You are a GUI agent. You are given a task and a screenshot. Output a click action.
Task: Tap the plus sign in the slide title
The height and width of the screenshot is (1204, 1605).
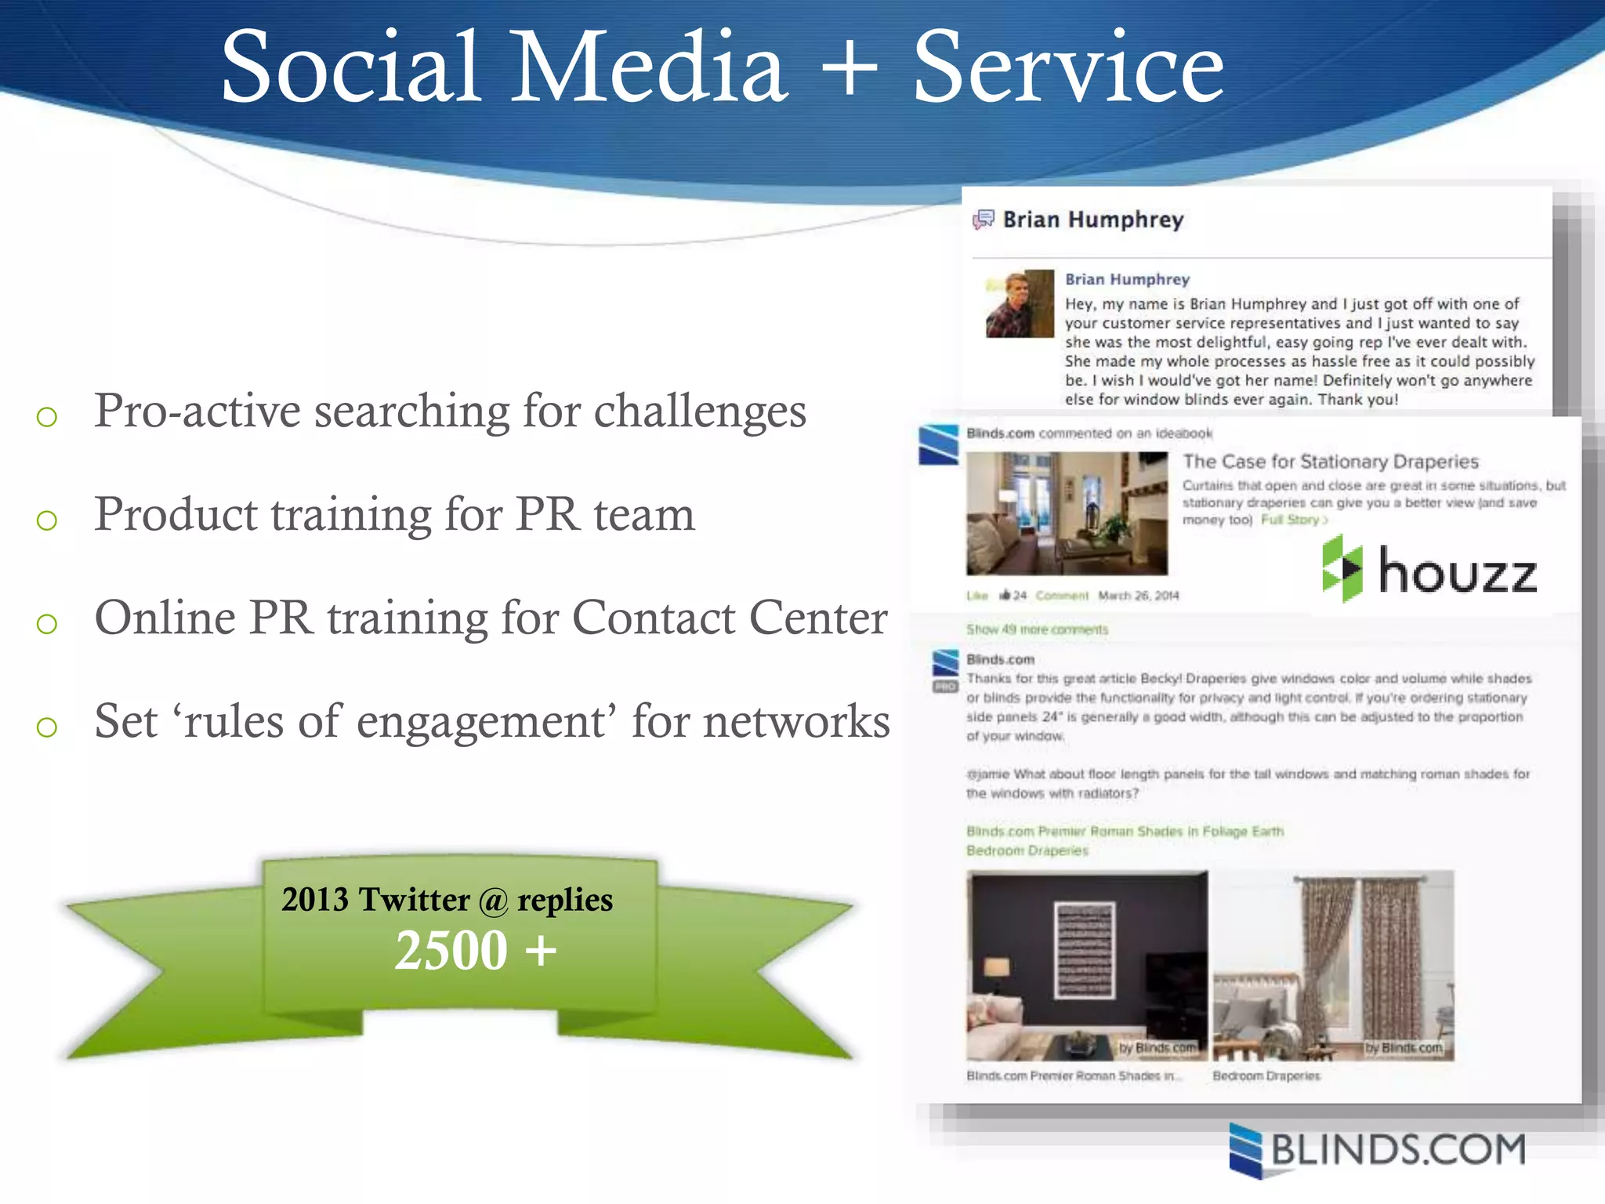[850, 69]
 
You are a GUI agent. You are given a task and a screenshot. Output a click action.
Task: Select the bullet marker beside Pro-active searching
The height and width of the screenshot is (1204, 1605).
[47, 416]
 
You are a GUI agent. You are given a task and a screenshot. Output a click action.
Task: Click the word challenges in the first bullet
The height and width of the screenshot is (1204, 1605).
[700, 411]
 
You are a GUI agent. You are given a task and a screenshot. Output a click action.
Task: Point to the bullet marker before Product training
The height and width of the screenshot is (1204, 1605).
[47, 520]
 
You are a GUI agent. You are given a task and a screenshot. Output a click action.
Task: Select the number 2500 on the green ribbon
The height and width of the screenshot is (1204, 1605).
[451, 950]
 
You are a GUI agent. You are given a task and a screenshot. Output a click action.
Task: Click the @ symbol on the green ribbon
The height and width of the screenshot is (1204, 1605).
[494, 901]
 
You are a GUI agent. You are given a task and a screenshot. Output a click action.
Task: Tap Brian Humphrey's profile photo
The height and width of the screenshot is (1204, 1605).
[1020, 303]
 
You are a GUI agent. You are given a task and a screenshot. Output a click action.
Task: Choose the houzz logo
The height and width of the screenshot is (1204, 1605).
[1429, 570]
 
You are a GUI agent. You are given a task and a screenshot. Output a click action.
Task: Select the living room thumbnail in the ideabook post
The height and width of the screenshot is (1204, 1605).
[1067, 513]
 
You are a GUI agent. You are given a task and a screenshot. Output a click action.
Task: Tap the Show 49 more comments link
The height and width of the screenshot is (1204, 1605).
[1037, 629]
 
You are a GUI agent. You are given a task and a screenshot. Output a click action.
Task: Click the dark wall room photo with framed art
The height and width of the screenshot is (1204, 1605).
[1087, 965]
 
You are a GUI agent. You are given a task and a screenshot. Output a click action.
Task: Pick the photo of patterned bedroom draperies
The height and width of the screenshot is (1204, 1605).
[1333, 965]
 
